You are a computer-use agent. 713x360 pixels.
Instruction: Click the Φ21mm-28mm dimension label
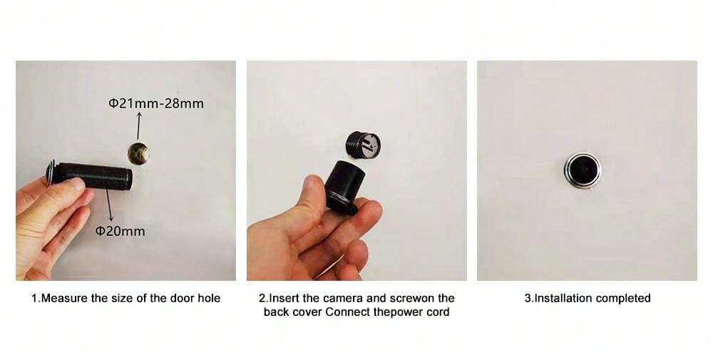tap(156, 103)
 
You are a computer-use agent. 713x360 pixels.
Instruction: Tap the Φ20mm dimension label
tap(120, 231)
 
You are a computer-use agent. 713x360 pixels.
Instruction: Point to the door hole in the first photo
tap(138, 152)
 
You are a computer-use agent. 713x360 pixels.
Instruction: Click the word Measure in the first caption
tap(62, 298)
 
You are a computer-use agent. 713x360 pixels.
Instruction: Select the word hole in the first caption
tap(207, 298)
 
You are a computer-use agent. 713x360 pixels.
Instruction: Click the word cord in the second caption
tap(438, 312)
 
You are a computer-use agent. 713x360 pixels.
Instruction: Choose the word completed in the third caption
tap(624, 298)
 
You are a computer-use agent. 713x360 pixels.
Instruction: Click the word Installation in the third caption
tap(564, 298)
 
